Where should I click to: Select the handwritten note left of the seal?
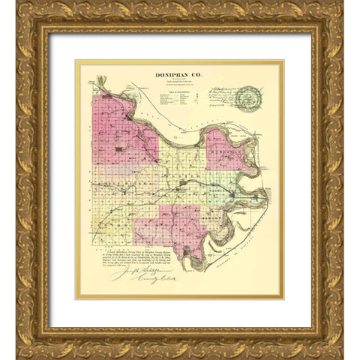tap(217, 97)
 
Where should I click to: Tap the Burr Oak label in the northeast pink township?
tap(225, 148)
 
